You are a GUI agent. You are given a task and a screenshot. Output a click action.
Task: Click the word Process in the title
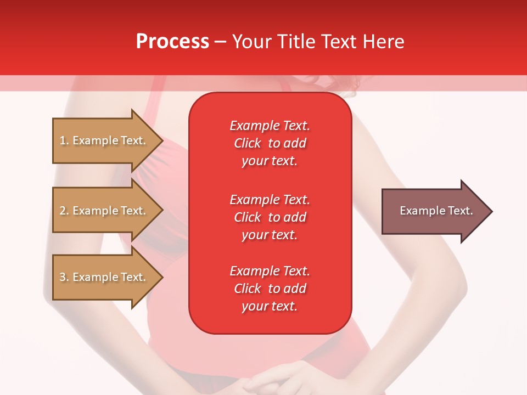pos(172,42)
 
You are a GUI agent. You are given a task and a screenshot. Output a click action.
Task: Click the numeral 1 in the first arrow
pos(63,140)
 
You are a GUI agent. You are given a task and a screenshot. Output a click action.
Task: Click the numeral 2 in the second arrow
pos(63,211)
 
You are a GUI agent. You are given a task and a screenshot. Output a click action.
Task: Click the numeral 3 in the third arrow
pos(63,277)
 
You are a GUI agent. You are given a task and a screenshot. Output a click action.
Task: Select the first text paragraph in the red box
pos(270,143)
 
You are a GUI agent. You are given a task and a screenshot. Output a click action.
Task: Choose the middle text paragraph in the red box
pos(270,217)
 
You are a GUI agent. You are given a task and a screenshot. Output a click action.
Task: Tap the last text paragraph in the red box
pos(270,289)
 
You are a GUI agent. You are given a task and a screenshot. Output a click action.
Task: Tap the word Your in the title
pos(252,42)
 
